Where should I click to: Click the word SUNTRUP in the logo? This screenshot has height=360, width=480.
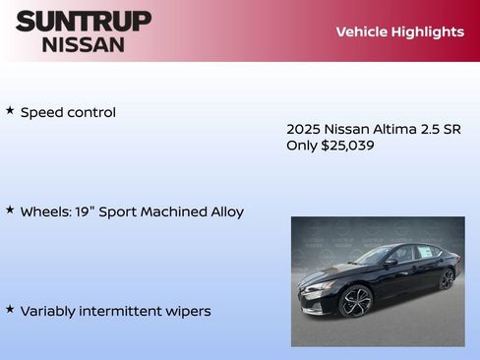pyautogui.click(x=84, y=21)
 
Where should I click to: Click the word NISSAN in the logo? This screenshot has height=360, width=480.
pyautogui.click(x=84, y=44)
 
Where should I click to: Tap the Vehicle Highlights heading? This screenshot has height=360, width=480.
pyautogui.click(x=399, y=31)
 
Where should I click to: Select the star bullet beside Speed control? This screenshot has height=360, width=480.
pyautogui.click(x=10, y=111)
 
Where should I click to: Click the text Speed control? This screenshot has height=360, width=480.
pyautogui.click(x=68, y=113)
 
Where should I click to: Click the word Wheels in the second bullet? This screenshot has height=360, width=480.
pyautogui.click(x=45, y=212)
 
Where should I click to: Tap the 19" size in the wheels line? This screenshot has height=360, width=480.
pyautogui.click(x=87, y=211)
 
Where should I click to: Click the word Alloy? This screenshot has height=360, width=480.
pyautogui.click(x=225, y=212)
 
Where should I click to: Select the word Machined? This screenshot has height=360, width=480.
pyautogui.click(x=180, y=212)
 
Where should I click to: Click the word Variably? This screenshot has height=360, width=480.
pyautogui.click(x=49, y=312)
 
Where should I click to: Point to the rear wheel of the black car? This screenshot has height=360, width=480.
pyautogui.click(x=448, y=278)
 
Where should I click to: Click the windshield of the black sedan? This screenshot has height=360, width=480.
pyautogui.click(x=373, y=256)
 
